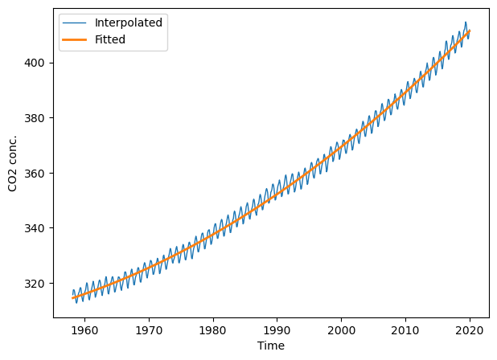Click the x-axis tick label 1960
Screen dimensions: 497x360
(x=85, y=330)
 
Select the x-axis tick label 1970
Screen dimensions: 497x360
(x=149, y=330)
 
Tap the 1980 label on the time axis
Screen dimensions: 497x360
(x=213, y=330)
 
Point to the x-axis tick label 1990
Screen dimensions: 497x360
(x=277, y=330)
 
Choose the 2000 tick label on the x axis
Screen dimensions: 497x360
(x=341, y=330)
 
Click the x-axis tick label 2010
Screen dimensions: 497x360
(x=405, y=330)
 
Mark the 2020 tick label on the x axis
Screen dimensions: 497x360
(x=470, y=330)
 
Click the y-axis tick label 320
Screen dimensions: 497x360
(x=35, y=284)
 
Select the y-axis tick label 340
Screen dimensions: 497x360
(x=35, y=228)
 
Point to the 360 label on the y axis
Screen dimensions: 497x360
(x=35, y=174)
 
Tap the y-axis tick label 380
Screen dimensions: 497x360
(x=35, y=118)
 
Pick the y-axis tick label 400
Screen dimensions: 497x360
(x=35, y=63)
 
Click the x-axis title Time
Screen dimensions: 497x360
(x=271, y=346)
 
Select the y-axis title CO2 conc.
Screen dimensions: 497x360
(x=12, y=163)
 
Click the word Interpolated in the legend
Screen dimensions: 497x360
(x=129, y=22)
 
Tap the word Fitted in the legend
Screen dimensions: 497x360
(x=110, y=39)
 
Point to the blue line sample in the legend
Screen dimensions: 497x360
(x=75, y=22)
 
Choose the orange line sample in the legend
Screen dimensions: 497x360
(x=75, y=39)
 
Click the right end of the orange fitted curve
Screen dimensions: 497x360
(x=470, y=31)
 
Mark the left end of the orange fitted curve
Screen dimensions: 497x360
(x=72, y=298)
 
